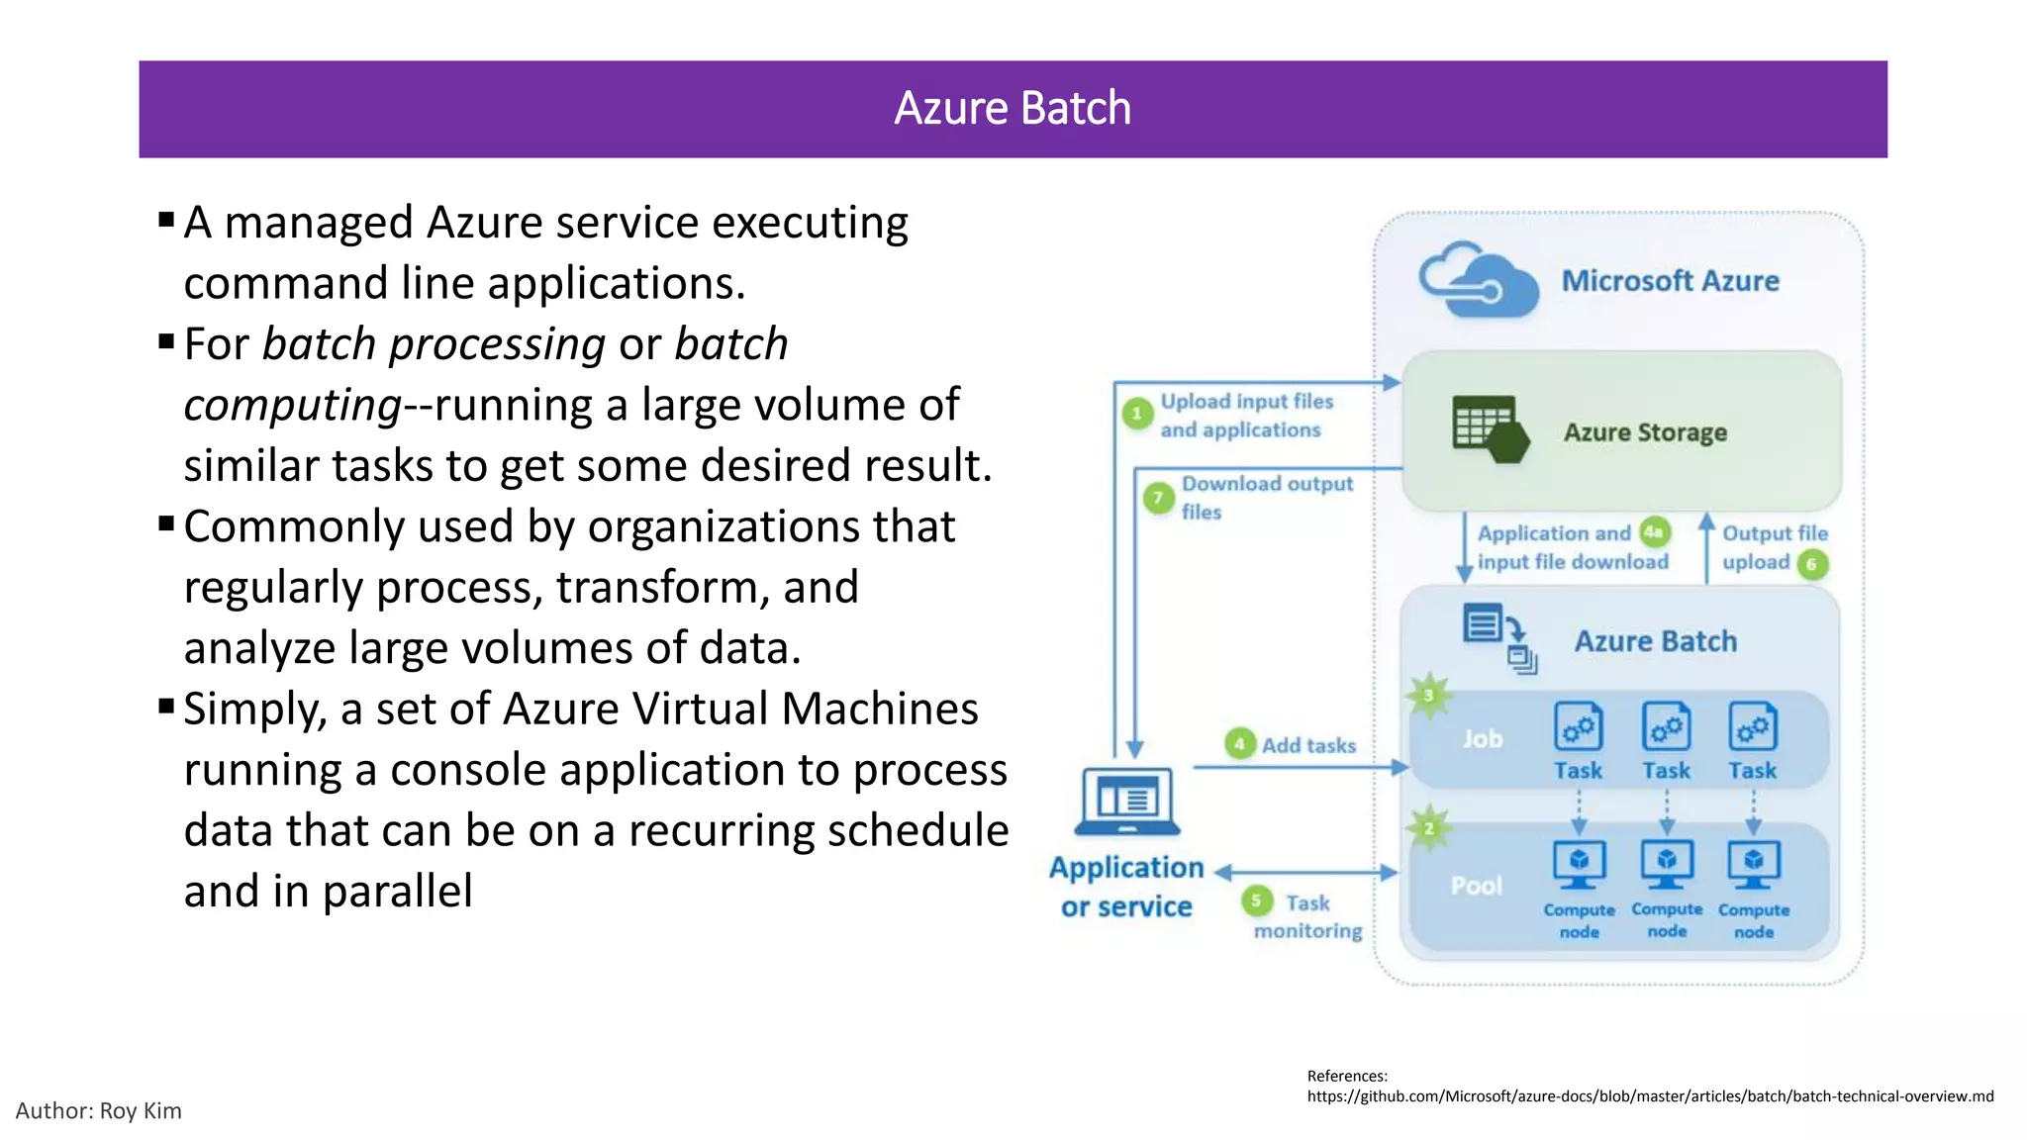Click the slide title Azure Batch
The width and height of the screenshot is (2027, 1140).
tap(1013, 108)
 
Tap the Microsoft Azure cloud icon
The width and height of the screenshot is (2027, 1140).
tap(1478, 281)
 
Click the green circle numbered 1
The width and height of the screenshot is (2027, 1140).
tap(1137, 414)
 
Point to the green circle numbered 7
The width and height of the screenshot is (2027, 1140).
tap(1158, 497)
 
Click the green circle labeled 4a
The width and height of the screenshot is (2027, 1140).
tap(1654, 532)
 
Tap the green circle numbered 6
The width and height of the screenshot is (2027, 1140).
tap(1811, 564)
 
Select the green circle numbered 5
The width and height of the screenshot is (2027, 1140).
tap(1256, 901)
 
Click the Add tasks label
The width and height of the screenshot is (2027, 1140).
tap(1308, 745)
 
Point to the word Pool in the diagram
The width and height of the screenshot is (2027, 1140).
tap(1476, 886)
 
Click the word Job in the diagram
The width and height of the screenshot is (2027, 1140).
tap(1482, 739)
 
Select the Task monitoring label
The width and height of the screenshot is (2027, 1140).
tap(1307, 916)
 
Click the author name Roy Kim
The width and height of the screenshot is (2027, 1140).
tap(141, 1110)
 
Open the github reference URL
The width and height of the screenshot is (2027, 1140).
tap(1650, 1096)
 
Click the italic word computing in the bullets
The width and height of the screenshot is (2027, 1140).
tap(292, 406)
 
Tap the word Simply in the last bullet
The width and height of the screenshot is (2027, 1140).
tap(254, 710)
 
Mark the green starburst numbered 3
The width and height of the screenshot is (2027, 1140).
tap(1428, 696)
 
